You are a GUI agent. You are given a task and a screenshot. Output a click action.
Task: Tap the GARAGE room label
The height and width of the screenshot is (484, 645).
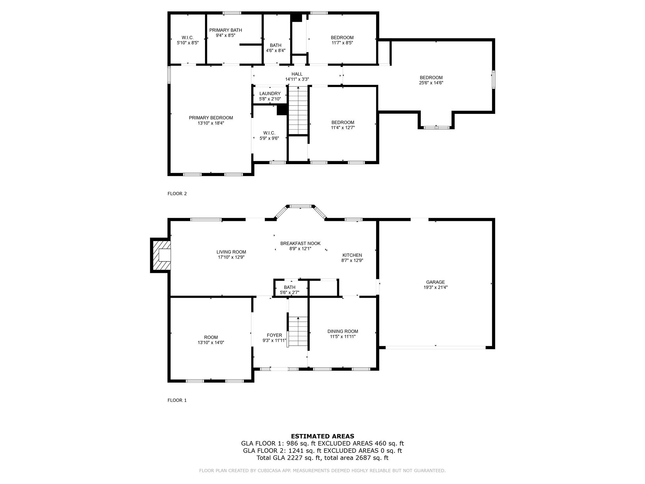[436, 282]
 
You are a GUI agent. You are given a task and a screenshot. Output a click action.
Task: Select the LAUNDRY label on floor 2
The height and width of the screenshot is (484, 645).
[270, 94]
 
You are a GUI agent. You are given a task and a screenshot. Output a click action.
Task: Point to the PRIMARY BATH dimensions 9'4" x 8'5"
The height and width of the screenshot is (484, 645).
[225, 36]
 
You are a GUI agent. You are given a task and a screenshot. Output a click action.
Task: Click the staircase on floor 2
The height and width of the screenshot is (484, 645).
[298, 110]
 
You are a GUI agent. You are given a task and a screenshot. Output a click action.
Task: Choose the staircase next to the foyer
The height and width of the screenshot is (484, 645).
[298, 331]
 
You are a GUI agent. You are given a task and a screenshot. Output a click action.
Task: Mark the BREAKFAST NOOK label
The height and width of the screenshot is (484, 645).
[300, 243]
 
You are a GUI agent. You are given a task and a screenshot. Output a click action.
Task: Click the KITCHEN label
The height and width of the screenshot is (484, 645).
[352, 255]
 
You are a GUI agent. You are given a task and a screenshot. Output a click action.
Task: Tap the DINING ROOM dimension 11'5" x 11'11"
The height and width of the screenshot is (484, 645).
[343, 337]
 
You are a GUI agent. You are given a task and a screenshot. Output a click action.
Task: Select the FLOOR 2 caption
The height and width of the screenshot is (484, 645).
[177, 193]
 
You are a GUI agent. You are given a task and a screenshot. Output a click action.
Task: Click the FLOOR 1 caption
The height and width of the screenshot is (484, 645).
[177, 400]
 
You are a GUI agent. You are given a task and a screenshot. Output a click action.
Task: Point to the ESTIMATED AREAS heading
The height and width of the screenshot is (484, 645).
[322, 436]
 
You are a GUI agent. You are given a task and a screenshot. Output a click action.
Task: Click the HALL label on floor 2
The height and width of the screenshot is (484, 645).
[297, 74]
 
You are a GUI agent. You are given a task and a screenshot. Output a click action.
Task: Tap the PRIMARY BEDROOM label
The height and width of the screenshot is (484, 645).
[211, 118]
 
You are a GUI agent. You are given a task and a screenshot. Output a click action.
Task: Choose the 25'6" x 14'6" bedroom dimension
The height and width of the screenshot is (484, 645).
[431, 83]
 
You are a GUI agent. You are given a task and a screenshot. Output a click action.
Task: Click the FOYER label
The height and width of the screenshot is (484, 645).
[274, 335]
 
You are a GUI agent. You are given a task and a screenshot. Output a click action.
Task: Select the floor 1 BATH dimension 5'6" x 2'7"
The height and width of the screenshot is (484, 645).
[289, 292]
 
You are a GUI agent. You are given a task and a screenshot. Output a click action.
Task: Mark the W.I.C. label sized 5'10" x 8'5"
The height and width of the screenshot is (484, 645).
[188, 37]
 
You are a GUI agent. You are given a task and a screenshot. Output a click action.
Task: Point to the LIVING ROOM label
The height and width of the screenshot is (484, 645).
[231, 252]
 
